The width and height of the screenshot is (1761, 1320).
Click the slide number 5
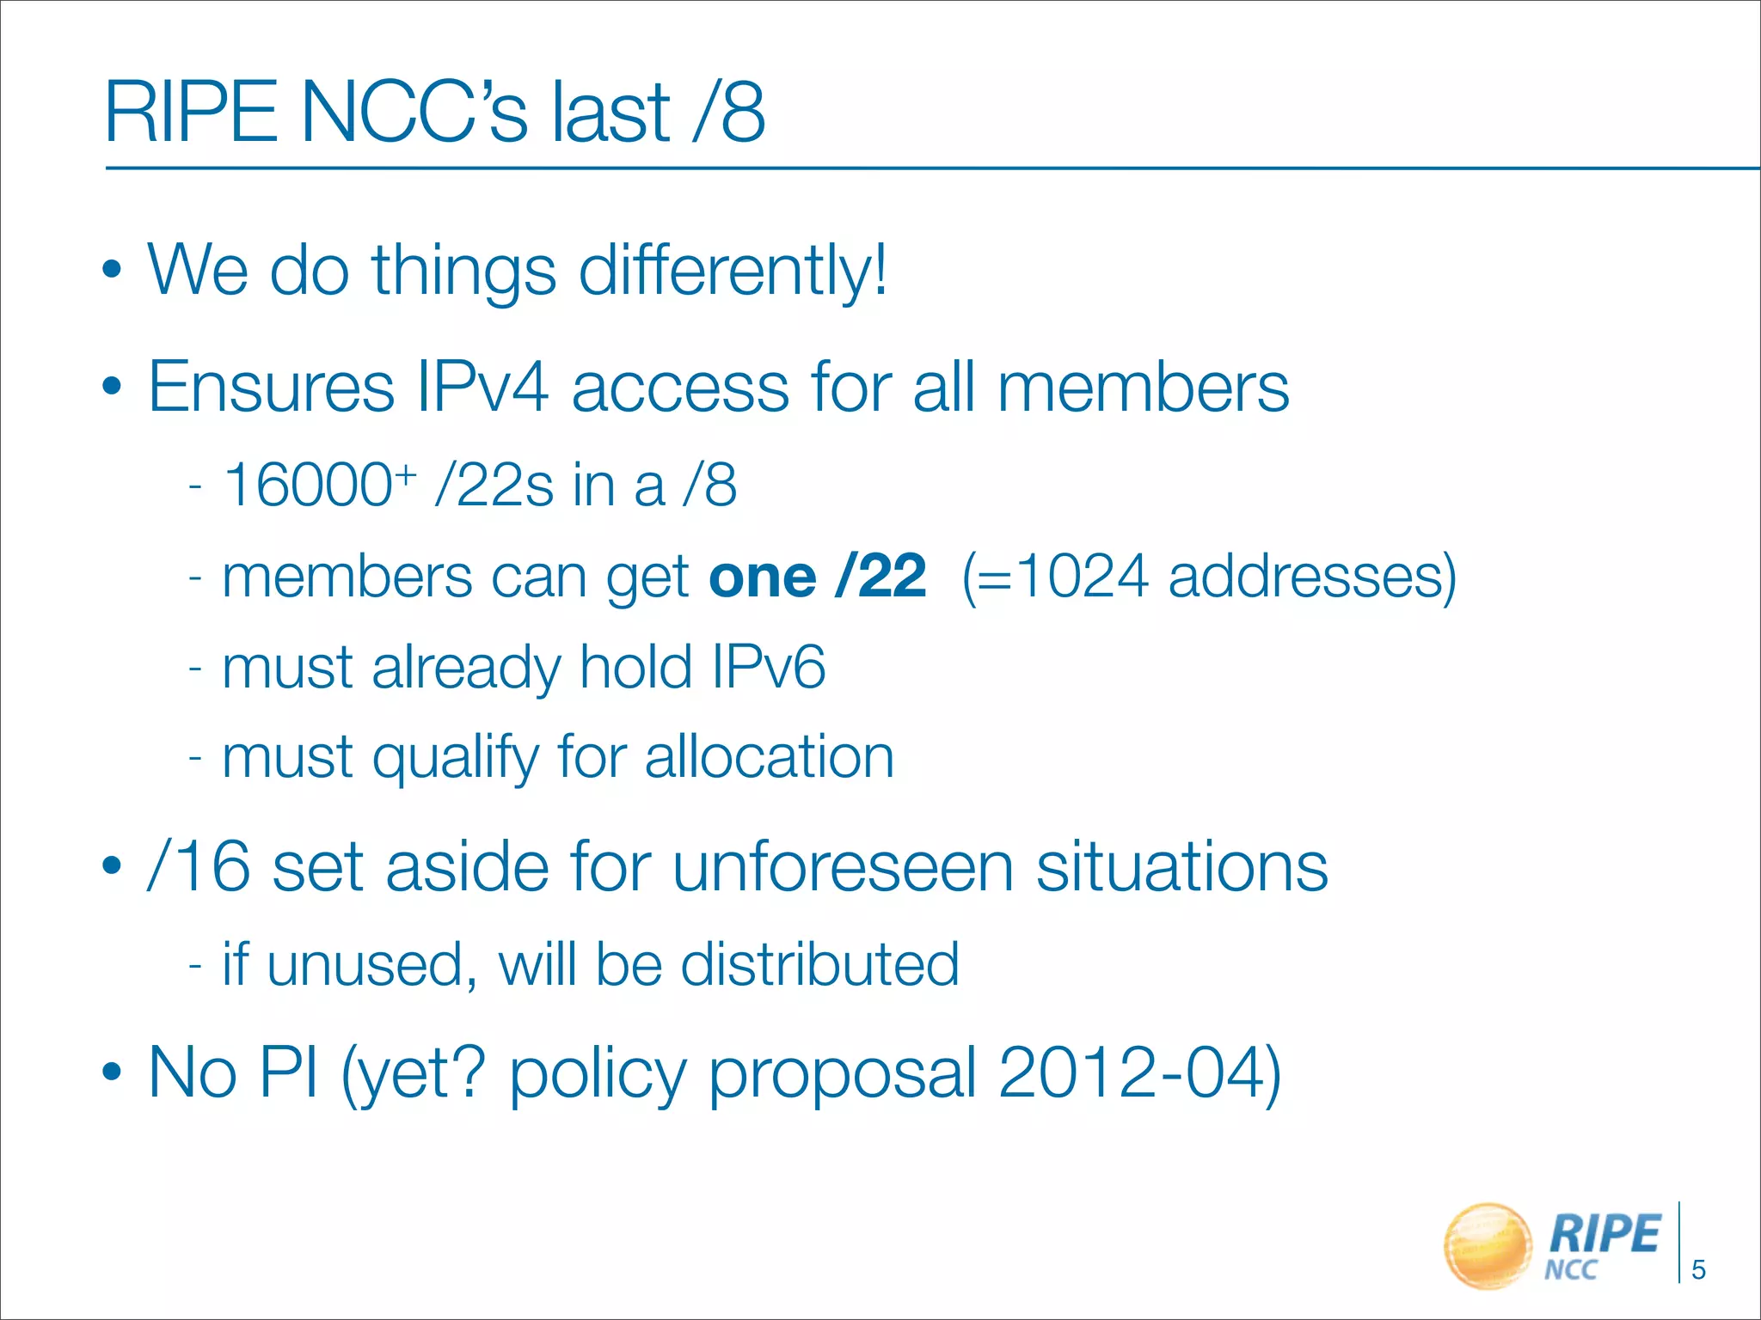(1698, 1269)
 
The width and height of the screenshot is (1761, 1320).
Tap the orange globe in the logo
(1488, 1245)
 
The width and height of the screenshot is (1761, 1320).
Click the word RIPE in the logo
(1604, 1235)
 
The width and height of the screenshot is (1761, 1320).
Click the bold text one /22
(817, 576)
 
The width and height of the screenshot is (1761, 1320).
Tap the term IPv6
(768, 667)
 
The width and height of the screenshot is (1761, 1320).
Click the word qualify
(455, 758)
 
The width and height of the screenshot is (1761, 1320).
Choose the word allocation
(770, 757)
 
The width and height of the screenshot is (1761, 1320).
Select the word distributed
(819, 964)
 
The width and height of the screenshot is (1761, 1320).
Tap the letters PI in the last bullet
(288, 1072)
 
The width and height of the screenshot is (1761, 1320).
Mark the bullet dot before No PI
(112, 1072)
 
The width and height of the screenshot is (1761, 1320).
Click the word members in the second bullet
(1143, 387)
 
